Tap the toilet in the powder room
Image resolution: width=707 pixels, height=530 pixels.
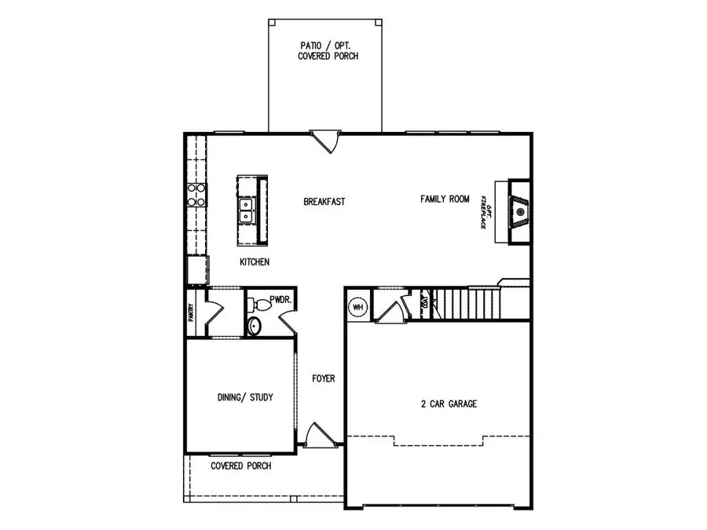tap(254, 326)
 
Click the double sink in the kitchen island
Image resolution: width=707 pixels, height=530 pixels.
tap(247, 210)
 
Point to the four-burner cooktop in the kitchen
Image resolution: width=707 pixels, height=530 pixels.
tap(196, 194)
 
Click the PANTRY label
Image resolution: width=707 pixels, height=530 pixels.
tap(191, 313)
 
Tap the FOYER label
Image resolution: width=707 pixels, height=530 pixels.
tap(323, 378)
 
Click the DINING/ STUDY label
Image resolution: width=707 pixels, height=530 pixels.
tap(245, 397)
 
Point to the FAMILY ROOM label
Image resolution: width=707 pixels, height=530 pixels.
tap(445, 199)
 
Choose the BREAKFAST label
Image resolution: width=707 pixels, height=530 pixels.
tap(324, 202)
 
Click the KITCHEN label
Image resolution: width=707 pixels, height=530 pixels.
tap(255, 262)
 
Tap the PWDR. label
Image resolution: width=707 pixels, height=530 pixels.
tap(280, 299)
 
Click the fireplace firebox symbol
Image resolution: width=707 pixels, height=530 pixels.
tap(519, 211)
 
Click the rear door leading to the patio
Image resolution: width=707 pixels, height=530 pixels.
tap(324, 141)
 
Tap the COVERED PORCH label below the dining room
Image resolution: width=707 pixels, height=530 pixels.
tap(241, 466)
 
